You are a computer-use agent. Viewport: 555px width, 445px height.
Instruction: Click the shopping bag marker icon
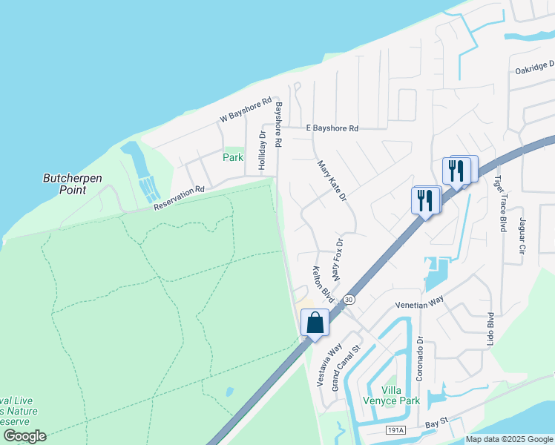coord(315,323)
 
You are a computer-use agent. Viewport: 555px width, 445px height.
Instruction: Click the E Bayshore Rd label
coord(332,128)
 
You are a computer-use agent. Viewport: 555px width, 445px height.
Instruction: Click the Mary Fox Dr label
coord(338,260)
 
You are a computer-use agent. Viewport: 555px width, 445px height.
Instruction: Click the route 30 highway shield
coord(349,300)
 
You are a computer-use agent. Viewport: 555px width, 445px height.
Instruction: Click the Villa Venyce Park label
coord(401,395)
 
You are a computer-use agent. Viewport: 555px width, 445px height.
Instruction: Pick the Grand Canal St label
coord(346,368)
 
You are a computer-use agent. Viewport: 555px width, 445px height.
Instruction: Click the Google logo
coord(24,435)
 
